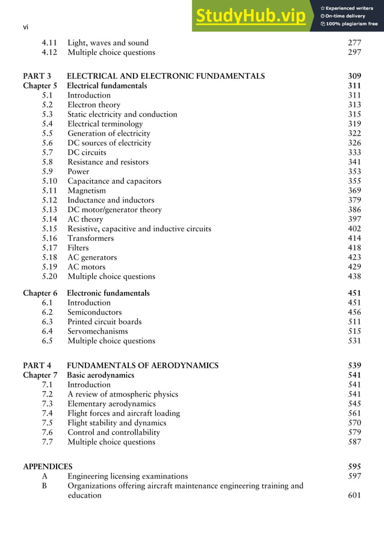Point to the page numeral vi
26,27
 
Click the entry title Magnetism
86,190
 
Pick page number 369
355,190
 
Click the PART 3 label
37,76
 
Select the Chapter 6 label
40,293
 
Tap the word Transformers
90,238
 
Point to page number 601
355,495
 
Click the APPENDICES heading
48,466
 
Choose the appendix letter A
45,476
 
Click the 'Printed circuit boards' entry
105,322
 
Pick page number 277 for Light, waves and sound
355,43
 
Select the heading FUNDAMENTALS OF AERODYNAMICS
143,365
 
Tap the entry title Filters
78,248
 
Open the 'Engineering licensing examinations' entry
128,476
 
